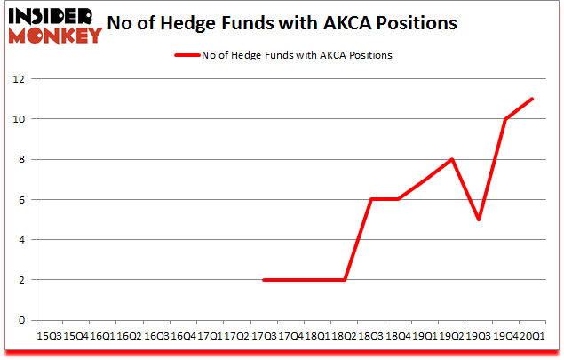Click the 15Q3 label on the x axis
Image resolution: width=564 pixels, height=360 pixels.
tap(48, 336)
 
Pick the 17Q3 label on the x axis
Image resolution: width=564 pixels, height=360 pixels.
tap(263, 336)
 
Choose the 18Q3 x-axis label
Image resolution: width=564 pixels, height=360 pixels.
tap(370, 336)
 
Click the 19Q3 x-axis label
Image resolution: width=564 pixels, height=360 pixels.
tap(478, 336)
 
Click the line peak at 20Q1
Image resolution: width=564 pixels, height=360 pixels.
tap(532, 99)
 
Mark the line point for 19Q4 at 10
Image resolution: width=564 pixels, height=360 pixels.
tap(505, 119)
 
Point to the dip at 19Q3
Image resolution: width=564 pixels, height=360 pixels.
tap(479, 220)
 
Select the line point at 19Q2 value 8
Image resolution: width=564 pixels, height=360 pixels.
tap(452, 159)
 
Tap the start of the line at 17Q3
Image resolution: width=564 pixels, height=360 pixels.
tap(264, 280)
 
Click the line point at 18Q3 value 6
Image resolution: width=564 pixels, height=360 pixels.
tap(371, 199)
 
